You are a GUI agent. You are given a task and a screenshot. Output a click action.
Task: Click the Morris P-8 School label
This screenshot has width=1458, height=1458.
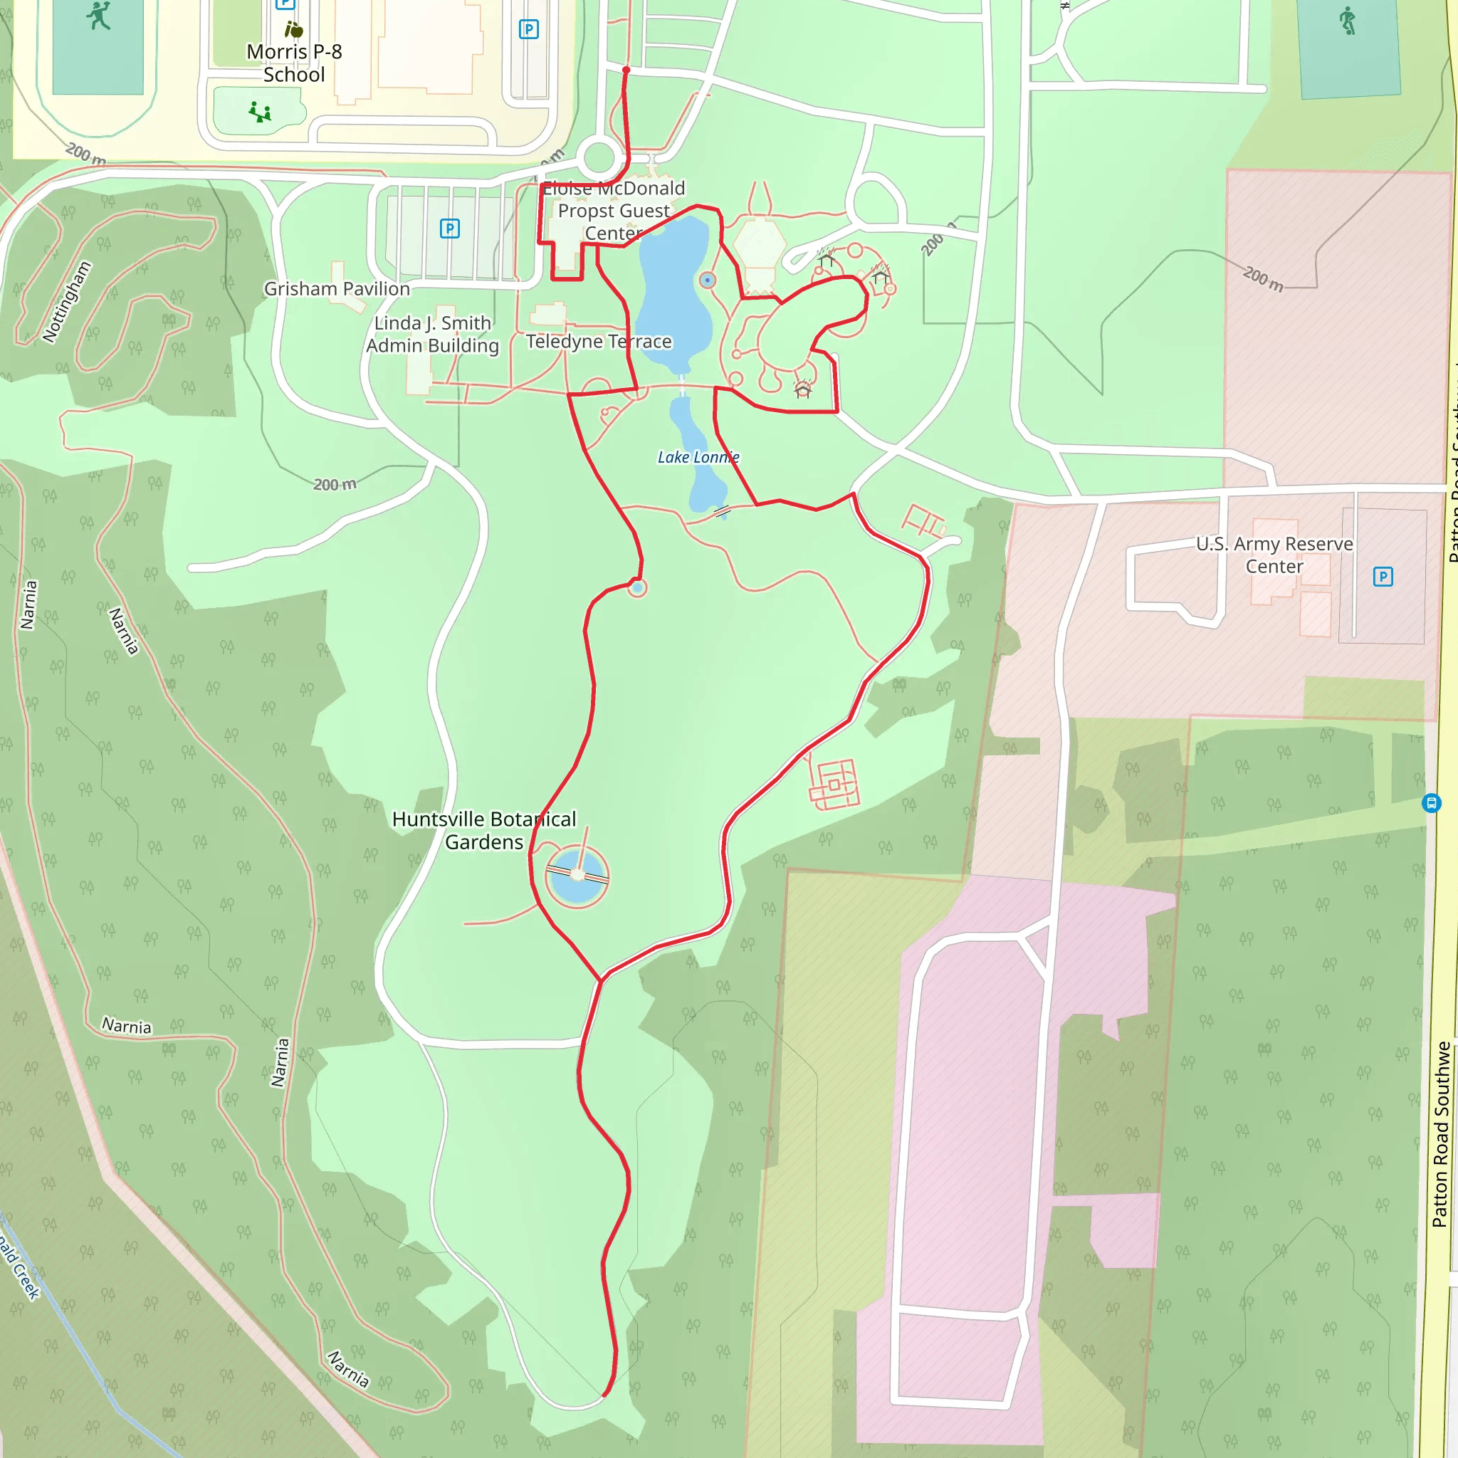click(293, 63)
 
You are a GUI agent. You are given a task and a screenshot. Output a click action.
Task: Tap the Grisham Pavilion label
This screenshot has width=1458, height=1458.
click(337, 289)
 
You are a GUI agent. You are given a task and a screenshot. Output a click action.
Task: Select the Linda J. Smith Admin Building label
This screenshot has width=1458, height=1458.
click(432, 335)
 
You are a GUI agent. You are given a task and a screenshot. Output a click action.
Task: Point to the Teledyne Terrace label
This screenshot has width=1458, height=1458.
click(599, 342)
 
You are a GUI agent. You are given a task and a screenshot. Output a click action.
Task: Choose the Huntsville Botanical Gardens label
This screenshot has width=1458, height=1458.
click(483, 831)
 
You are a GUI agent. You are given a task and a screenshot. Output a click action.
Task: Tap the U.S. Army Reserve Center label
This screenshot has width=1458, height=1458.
click(1274, 555)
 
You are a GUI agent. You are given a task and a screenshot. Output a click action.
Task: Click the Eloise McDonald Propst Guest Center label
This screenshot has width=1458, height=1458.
click(614, 211)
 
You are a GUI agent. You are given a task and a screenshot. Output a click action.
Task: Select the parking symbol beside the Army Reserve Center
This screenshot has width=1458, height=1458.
click(1383, 577)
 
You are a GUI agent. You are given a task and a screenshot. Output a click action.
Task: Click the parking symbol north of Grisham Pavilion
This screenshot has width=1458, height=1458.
click(450, 229)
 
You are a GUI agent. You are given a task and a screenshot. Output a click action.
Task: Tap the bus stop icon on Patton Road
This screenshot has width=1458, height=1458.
click(1431, 803)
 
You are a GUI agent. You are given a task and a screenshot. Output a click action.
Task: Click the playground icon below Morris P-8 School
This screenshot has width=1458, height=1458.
click(260, 112)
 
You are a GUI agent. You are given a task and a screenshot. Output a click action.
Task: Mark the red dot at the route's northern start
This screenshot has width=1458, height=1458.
click(626, 70)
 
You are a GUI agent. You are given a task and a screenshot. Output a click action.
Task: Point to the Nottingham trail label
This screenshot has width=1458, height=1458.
click(66, 302)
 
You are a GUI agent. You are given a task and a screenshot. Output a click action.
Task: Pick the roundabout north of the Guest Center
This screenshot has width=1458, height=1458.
click(599, 159)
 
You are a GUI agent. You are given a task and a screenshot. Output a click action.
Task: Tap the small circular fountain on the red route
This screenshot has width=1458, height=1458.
click(638, 587)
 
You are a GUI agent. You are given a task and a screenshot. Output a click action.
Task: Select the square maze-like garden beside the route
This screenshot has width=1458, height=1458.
click(834, 785)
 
